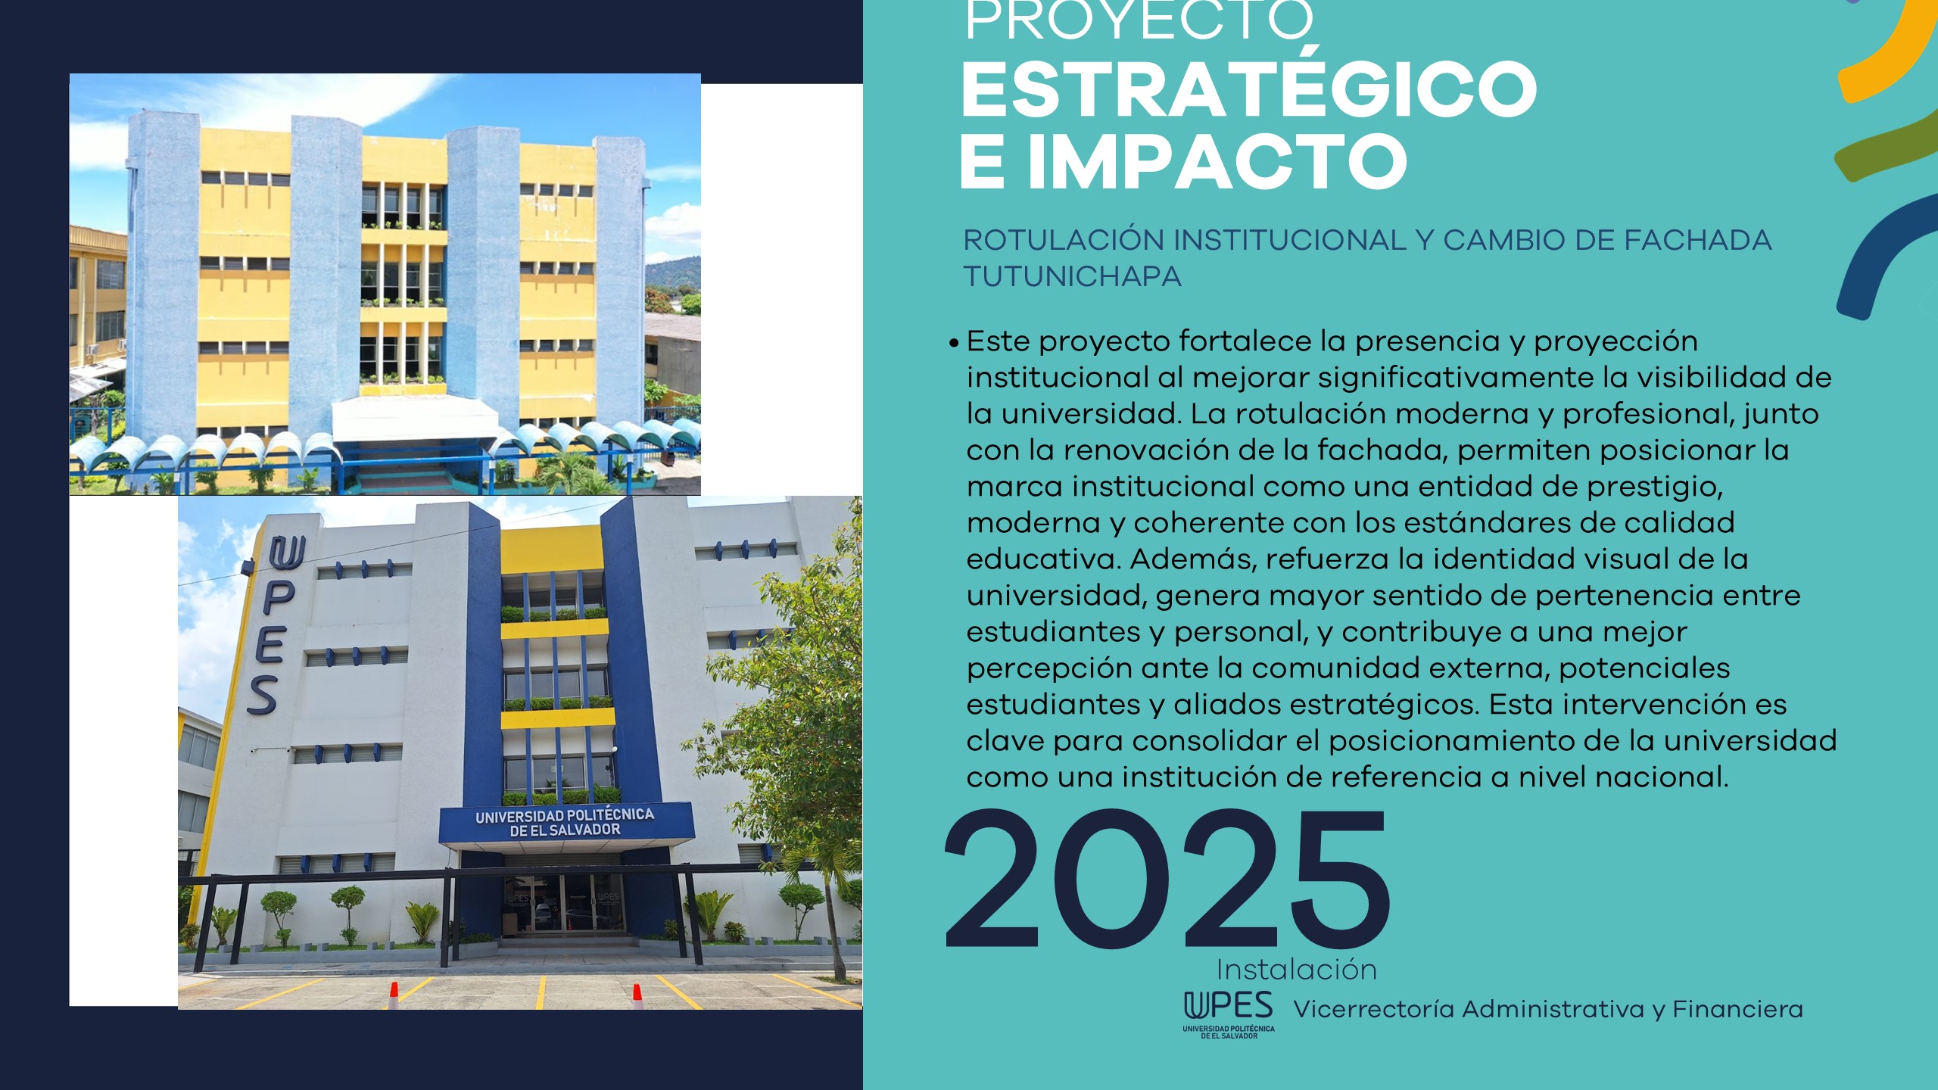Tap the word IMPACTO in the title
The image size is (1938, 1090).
coord(1217,162)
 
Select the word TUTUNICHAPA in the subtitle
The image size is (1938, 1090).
coord(1072,276)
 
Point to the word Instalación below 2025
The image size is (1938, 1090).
coord(1296,970)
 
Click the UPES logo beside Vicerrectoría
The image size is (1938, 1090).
coord(1229,1015)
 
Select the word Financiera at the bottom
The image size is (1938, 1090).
coord(1737,1009)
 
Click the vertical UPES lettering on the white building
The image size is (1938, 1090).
coord(273,625)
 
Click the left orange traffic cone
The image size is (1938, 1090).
coord(394,995)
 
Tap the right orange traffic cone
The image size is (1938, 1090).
coord(637,995)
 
